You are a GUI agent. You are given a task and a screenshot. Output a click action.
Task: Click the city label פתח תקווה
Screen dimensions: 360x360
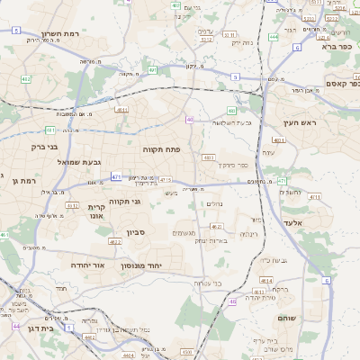162,148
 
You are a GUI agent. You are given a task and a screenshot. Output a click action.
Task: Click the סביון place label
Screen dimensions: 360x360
136,233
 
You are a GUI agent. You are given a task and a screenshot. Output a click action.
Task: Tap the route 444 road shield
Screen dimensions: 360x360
273,38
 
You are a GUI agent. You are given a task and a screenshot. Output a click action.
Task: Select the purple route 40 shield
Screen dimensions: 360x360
190,119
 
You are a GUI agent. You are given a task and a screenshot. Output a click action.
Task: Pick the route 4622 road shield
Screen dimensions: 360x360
114,242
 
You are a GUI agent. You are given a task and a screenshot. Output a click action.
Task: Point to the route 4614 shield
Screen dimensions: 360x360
267,280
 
